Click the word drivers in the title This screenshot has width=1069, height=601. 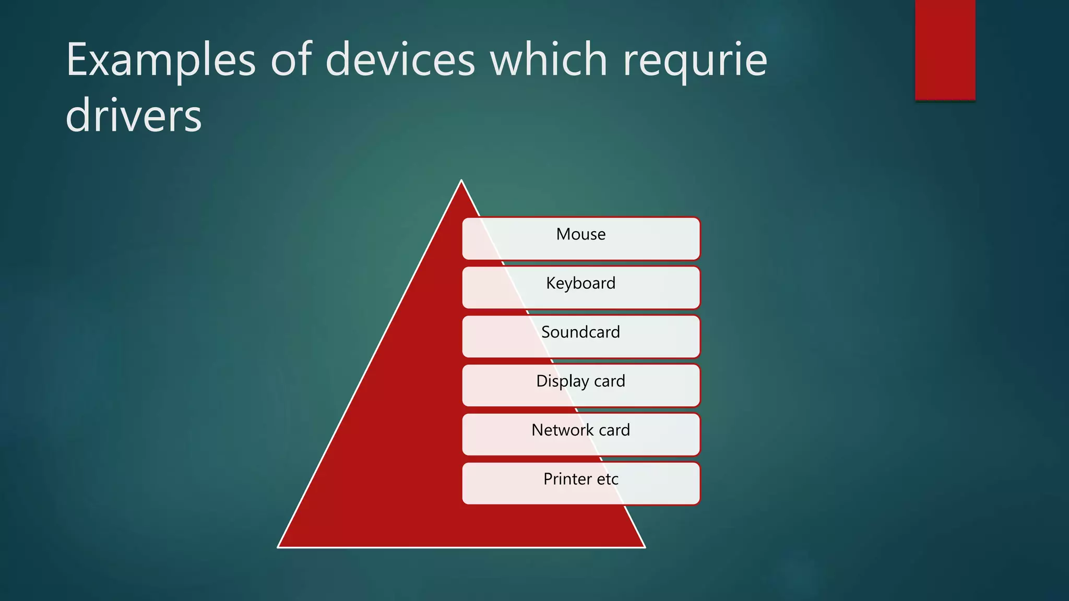[x=134, y=116]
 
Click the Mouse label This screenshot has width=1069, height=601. [x=580, y=234]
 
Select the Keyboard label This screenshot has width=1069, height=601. [x=580, y=283]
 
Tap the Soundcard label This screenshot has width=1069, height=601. [x=580, y=332]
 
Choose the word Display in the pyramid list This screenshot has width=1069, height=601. [x=562, y=381]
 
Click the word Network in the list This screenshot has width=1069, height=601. [x=562, y=430]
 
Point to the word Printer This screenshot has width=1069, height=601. [x=567, y=479]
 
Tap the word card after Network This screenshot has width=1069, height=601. [x=614, y=430]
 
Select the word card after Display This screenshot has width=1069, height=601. [x=610, y=381]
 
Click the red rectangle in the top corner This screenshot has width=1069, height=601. [x=945, y=50]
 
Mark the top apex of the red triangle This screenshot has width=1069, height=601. [x=461, y=181]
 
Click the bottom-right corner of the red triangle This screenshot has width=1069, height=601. [x=645, y=547]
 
